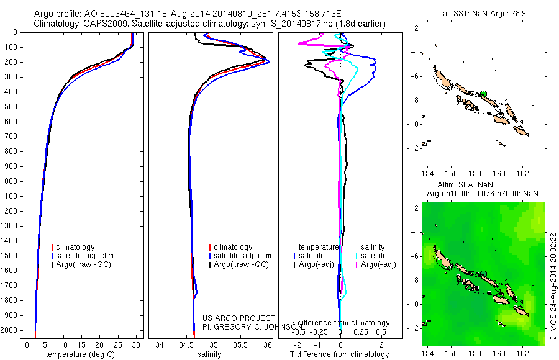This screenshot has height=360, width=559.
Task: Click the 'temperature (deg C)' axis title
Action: tap(84, 354)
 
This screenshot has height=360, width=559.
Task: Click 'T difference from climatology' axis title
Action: tap(340, 354)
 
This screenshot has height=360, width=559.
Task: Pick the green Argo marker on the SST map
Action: tap(483, 94)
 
